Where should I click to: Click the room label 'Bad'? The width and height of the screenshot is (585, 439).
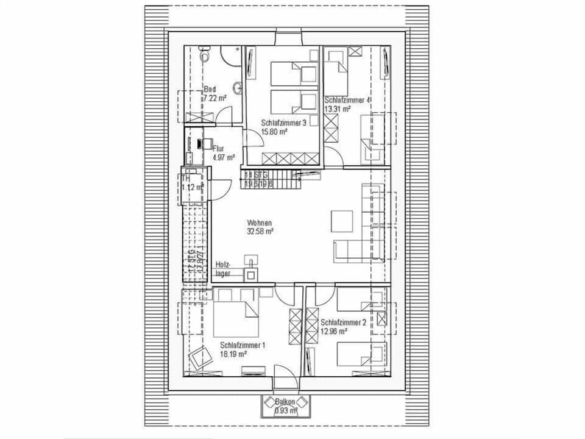(209, 90)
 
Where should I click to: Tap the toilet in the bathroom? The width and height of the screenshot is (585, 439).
(205, 55)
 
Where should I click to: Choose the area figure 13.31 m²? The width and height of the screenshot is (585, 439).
(338, 109)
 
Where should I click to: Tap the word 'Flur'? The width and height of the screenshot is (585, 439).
(219, 148)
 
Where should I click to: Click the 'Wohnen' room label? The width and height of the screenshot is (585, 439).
(259, 223)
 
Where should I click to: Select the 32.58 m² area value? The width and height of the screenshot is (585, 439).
(260, 231)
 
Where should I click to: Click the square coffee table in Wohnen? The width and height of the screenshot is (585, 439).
(341, 221)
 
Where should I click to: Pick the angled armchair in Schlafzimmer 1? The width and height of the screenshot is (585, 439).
(200, 357)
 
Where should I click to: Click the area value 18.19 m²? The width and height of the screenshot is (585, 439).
(233, 353)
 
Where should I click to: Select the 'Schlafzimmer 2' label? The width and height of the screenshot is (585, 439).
(343, 323)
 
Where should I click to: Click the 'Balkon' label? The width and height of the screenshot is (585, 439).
(285, 402)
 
